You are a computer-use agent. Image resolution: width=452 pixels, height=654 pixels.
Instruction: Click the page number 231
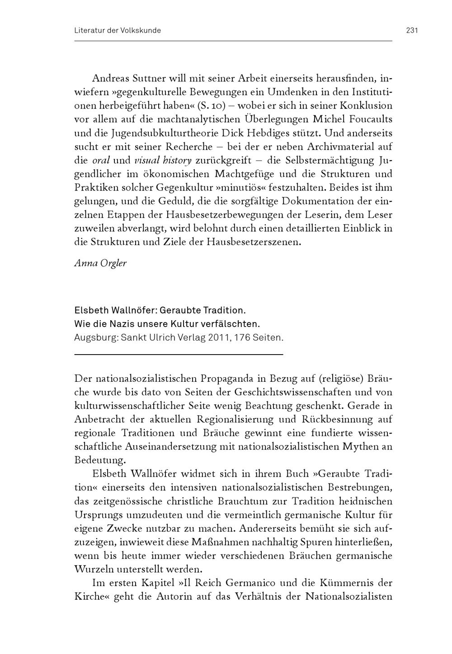(x=412, y=31)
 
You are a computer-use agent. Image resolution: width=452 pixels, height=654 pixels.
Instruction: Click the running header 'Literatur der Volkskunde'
(x=118, y=31)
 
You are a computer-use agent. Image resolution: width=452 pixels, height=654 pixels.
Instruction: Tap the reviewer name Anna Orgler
(x=100, y=263)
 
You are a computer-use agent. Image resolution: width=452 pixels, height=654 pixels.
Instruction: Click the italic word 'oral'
(x=101, y=161)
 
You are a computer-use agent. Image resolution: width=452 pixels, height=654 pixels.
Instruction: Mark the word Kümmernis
(x=346, y=583)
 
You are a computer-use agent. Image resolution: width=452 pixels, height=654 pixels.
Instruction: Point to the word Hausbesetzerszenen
(x=254, y=242)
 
